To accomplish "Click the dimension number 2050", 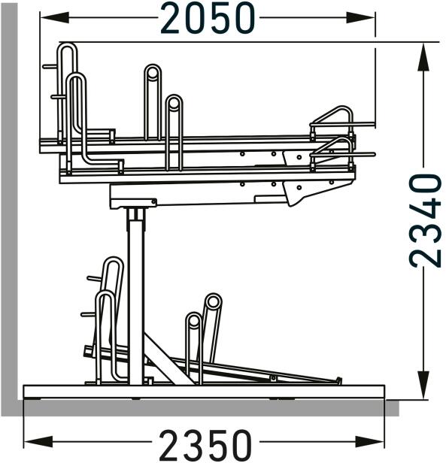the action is click(208, 18).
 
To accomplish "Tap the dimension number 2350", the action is click(205, 445).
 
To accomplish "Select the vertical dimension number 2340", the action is click(425, 220).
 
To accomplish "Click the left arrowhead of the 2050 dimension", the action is click(55, 18).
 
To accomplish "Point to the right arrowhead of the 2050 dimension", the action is click(360, 18).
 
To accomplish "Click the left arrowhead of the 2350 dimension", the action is click(38, 442).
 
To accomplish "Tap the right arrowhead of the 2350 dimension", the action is click(370, 442).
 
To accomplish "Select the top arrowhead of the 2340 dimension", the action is click(423, 58).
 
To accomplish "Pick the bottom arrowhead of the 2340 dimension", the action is click(423, 385).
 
